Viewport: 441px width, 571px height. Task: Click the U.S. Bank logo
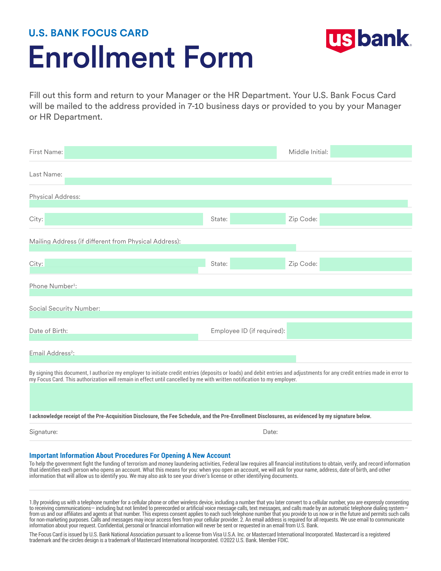tap(368, 40)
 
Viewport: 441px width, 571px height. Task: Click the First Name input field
tap(170, 153)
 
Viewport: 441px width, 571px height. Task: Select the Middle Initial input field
tap(371, 152)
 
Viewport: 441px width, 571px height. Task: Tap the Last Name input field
tap(198, 181)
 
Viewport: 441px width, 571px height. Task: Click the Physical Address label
tap(55, 197)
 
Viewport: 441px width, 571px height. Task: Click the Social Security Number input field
tap(221, 314)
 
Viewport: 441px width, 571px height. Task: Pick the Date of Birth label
tap(48, 331)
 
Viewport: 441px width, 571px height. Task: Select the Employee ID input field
tap(349, 331)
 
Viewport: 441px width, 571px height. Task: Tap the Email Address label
tap(52, 353)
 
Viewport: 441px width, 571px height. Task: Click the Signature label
tap(44, 432)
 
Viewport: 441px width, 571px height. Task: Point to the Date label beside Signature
tap(270, 432)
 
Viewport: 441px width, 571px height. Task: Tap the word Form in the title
tap(218, 57)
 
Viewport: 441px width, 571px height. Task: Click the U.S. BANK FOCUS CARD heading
tap(89, 33)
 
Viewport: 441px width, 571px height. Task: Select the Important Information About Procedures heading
tap(130, 455)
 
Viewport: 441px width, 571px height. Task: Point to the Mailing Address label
tap(105, 241)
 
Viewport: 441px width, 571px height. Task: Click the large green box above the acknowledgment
tap(221, 397)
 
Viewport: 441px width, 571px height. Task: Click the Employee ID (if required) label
tap(248, 331)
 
